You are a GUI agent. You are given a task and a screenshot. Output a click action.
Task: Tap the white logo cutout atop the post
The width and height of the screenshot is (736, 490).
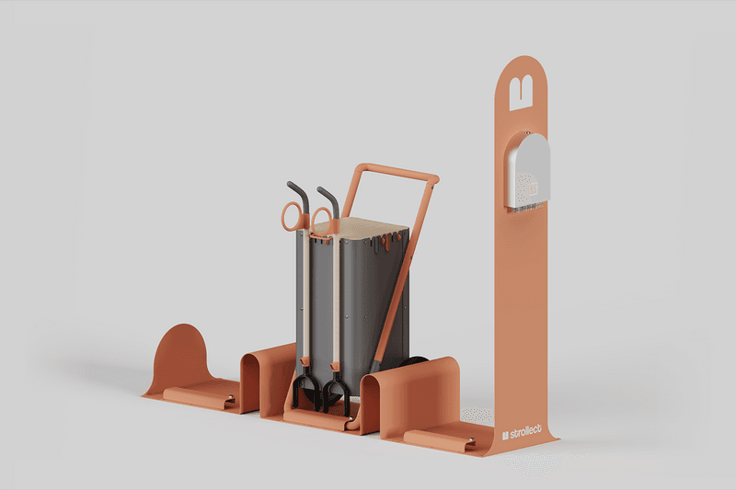[x=521, y=88]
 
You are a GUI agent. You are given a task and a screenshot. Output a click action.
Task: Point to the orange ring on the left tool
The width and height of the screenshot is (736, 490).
[x=291, y=216]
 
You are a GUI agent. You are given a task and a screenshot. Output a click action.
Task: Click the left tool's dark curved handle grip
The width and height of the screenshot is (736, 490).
[x=298, y=194]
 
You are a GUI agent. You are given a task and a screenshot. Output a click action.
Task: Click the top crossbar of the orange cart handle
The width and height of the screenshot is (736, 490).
[x=397, y=172]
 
